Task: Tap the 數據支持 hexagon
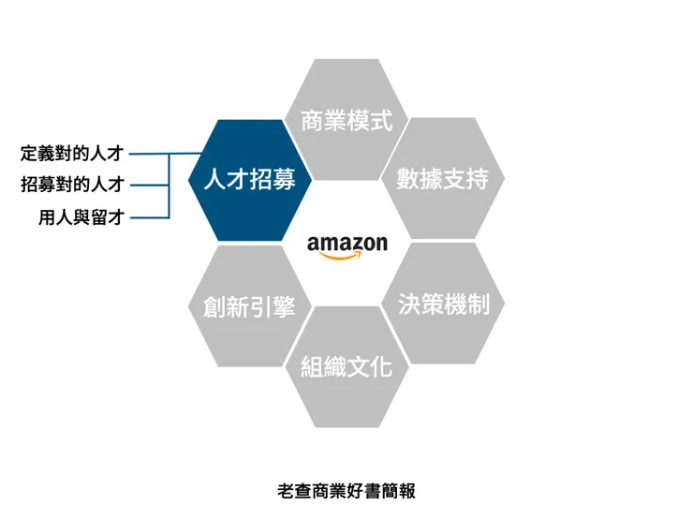point(443,179)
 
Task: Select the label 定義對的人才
point(72,153)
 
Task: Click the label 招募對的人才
point(72,185)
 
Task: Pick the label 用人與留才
point(81,217)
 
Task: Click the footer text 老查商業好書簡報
point(346,490)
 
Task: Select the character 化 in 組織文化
point(380,366)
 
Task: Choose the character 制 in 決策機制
point(478,304)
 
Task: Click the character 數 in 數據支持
point(408,179)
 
